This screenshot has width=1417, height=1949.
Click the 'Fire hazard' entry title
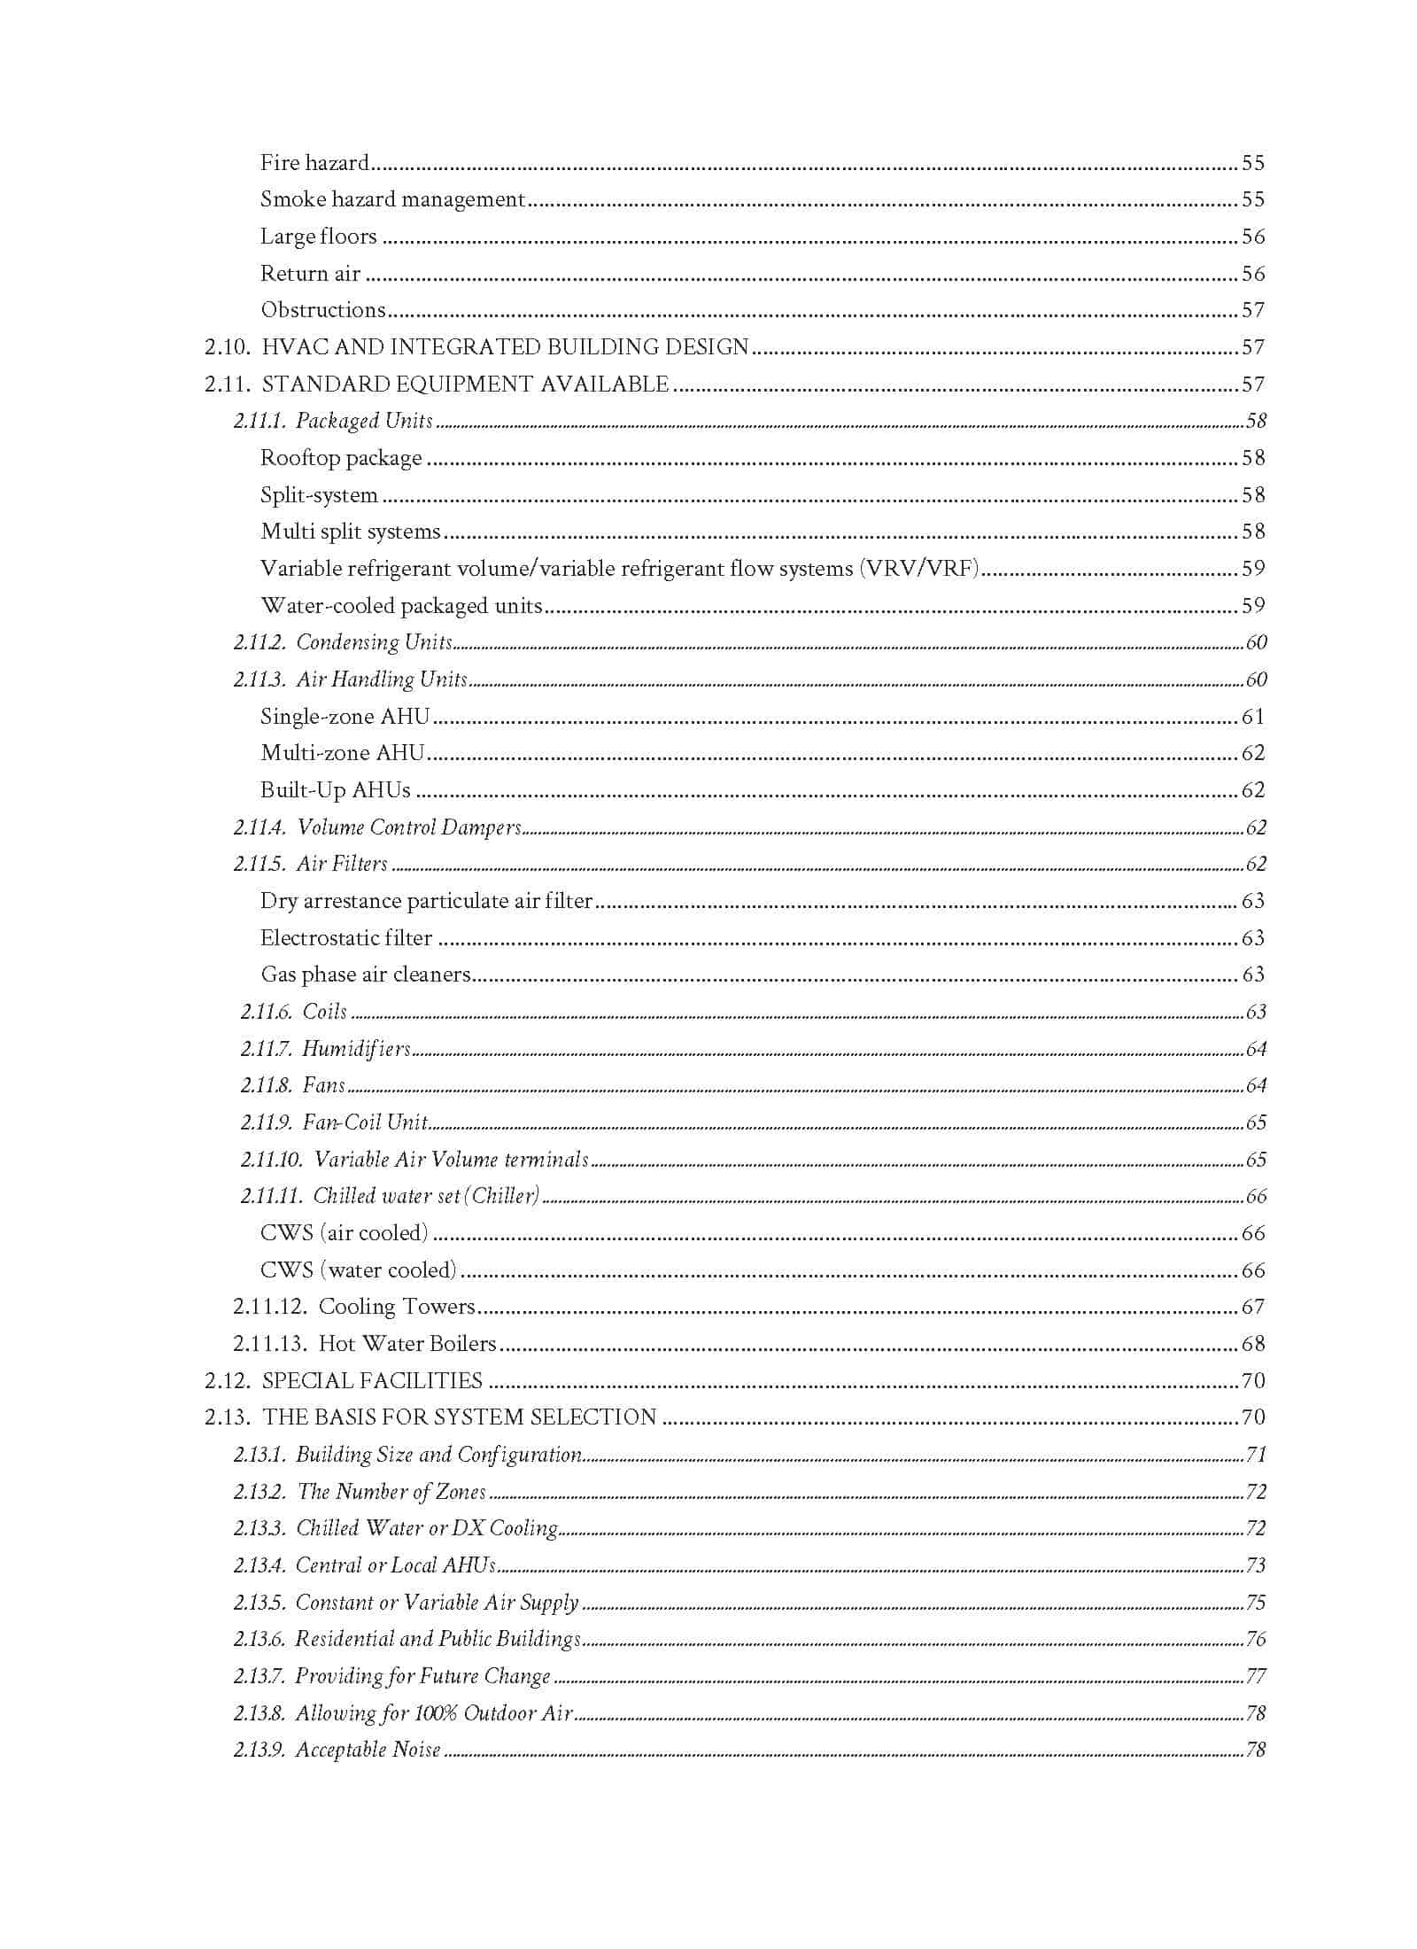point(314,163)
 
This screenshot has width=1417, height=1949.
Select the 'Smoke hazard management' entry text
point(392,199)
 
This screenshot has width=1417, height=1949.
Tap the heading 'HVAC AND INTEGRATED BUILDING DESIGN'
point(506,347)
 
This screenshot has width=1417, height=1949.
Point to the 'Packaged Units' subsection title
point(364,421)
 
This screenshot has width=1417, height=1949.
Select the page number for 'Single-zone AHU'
point(1252,717)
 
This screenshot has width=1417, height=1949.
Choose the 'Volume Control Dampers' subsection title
point(409,827)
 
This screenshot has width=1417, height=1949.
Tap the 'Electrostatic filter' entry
point(346,938)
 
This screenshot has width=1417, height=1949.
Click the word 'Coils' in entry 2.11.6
point(324,1012)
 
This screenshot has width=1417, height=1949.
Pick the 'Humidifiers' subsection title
point(356,1049)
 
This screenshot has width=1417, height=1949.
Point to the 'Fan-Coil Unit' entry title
point(365,1122)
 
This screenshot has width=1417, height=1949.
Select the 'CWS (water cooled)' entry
point(358,1270)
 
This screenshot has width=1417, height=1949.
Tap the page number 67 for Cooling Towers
point(1252,1307)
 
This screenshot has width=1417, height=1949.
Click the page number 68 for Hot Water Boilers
point(1252,1344)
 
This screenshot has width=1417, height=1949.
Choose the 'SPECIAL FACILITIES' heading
point(372,1381)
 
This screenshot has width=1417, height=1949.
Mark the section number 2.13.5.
point(259,1603)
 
